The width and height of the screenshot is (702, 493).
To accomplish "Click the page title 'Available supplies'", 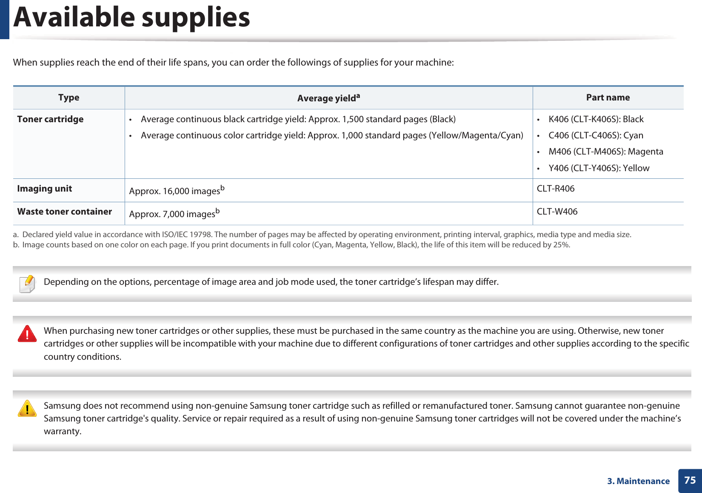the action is click(132, 18).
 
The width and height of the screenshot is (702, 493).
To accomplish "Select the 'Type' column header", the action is click(69, 97).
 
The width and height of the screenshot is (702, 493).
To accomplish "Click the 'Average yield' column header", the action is click(328, 98).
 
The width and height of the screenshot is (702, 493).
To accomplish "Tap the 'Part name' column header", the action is click(608, 97).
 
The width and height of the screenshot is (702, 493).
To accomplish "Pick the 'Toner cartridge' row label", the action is click(50, 119).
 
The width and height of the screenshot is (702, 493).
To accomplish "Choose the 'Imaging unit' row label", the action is click(45, 189).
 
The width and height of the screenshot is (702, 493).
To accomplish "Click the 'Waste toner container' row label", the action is click(65, 212).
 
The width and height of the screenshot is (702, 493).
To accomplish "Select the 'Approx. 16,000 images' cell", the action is click(176, 190).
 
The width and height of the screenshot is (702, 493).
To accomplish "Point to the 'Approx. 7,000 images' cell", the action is click(174, 213).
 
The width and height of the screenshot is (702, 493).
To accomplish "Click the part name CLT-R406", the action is click(555, 189).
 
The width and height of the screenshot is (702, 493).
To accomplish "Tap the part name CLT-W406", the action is click(557, 212).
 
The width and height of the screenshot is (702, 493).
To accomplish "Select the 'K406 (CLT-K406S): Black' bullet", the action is click(596, 119).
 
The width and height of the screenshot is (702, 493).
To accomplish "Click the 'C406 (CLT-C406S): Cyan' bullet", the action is click(596, 135).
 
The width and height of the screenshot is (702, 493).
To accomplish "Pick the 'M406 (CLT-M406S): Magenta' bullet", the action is click(605, 152).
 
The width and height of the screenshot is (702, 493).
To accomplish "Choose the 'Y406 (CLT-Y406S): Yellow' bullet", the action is click(599, 168).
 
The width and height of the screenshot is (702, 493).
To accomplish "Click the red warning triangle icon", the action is click(27, 333).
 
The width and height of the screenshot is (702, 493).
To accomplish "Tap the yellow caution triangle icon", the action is click(27, 408).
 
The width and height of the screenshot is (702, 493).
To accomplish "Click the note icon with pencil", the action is click(27, 284).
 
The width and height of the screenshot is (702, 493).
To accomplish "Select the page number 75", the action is click(690, 480).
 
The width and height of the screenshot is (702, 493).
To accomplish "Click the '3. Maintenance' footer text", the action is click(638, 481).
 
